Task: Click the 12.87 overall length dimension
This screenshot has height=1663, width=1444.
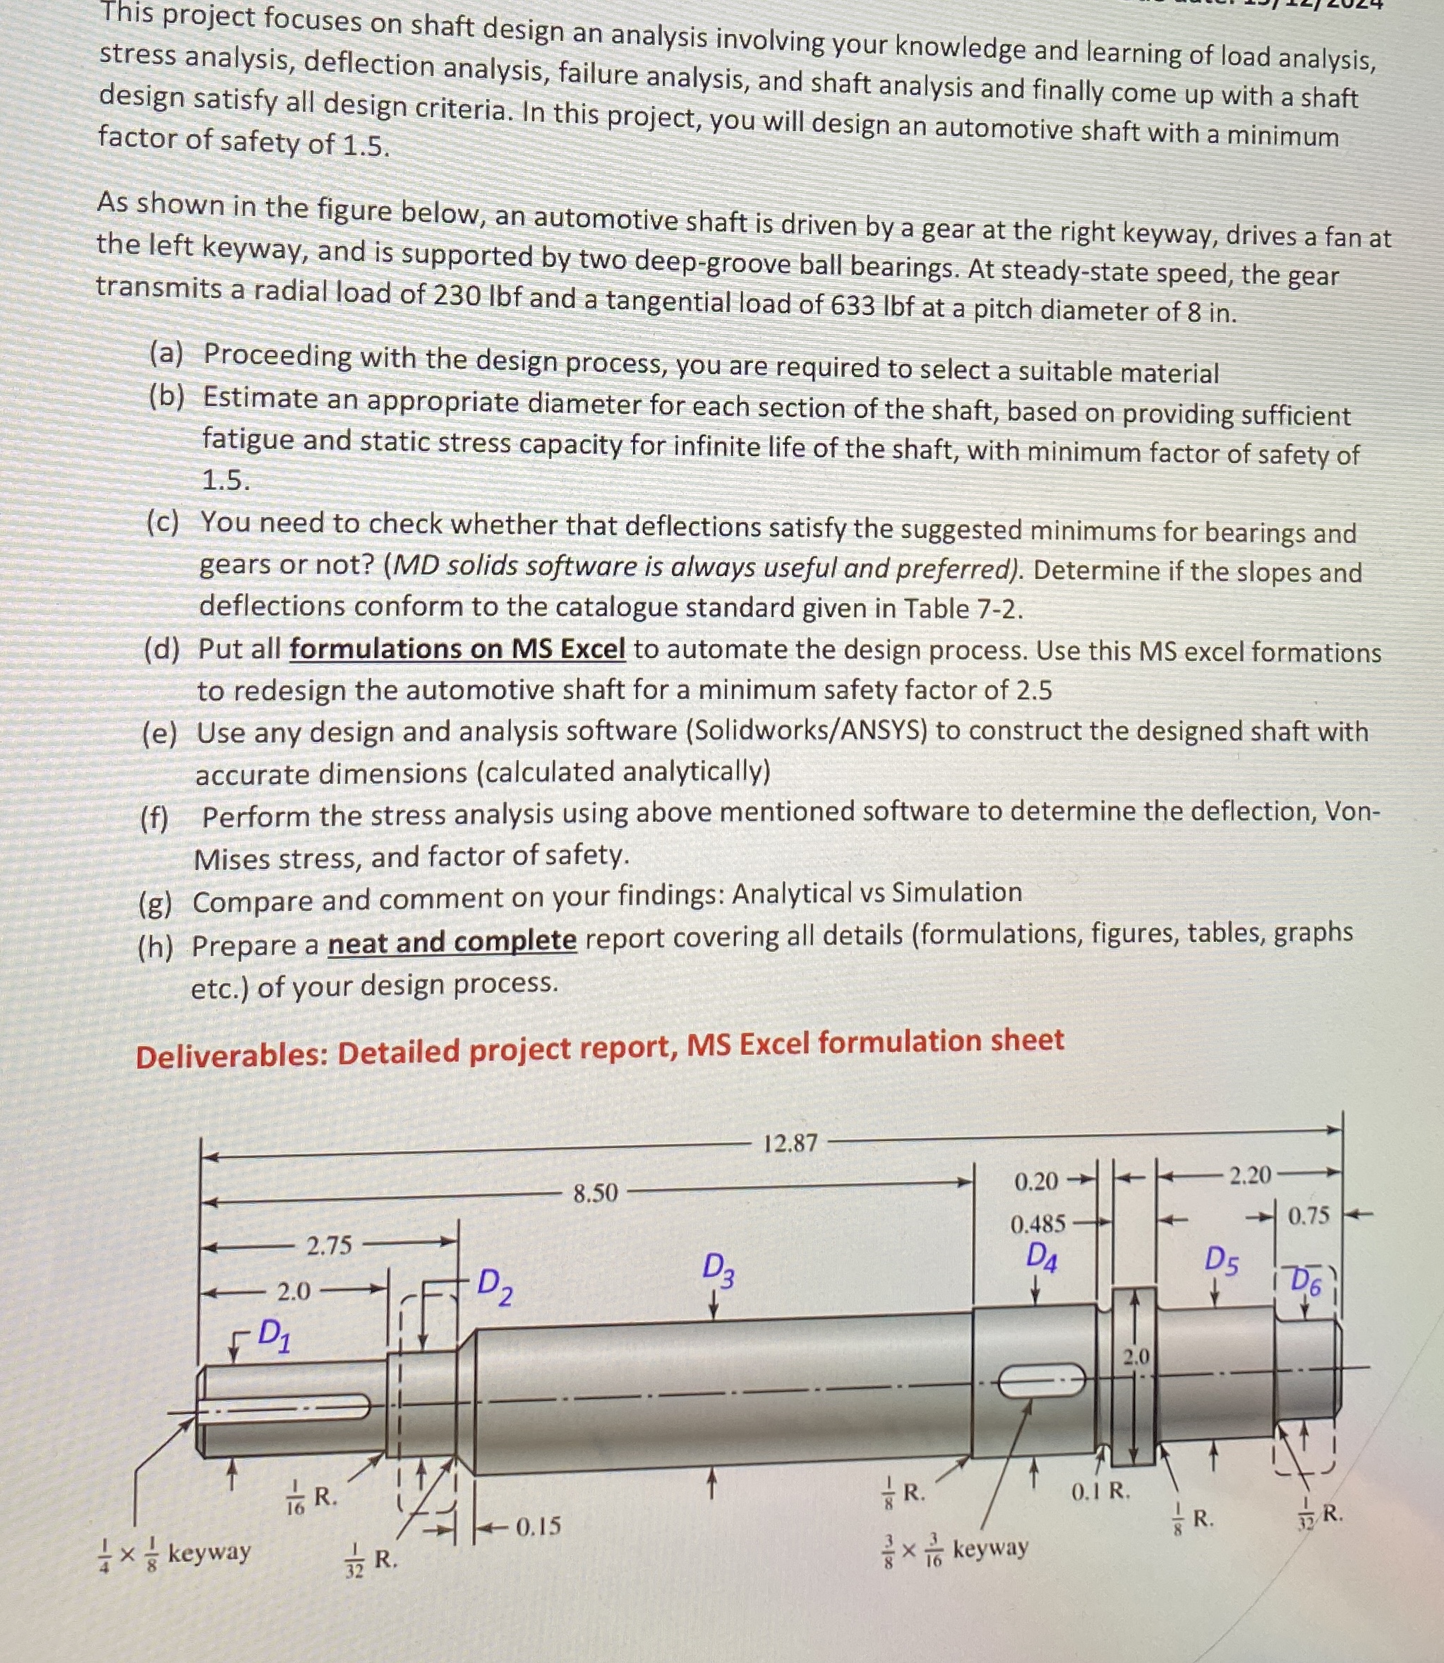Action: pos(790,1143)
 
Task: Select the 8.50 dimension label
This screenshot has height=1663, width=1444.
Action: pos(595,1192)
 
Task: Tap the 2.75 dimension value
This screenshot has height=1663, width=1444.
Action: pos(330,1246)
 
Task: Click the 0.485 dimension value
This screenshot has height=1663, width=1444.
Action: pos(1038,1224)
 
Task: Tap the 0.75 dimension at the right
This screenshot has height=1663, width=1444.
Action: pos(1308,1215)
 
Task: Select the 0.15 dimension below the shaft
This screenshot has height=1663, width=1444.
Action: pos(538,1526)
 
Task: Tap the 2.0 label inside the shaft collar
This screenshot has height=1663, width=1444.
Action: pos(1136,1356)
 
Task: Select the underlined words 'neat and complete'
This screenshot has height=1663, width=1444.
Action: pos(452,941)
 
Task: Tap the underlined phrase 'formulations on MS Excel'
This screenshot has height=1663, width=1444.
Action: pos(457,649)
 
